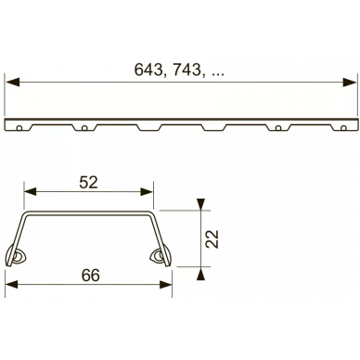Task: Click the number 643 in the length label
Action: tap(148, 70)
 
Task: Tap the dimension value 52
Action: tap(88, 182)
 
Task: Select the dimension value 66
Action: tap(91, 275)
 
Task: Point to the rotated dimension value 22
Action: tap(212, 238)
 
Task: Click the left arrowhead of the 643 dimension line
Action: tap(13, 83)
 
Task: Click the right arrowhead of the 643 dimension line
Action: tap(350, 83)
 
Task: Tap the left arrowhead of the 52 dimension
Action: tap(31, 192)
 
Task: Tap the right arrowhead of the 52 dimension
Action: tap(147, 192)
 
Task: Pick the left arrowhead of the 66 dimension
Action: tap(12, 285)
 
